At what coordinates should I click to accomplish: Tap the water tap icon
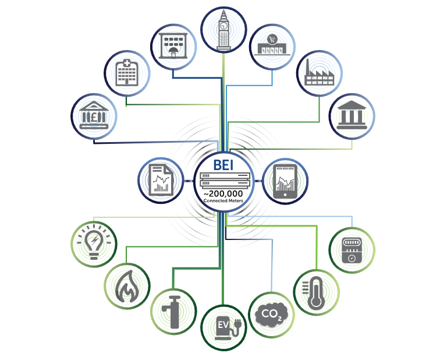(x=173, y=309)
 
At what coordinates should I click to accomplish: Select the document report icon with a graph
(x=159, y=181)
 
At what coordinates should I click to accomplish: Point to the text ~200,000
(x=223, y=193)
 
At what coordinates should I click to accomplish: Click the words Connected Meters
(x=223, y=200)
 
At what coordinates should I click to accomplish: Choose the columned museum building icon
(x=352, y=116)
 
